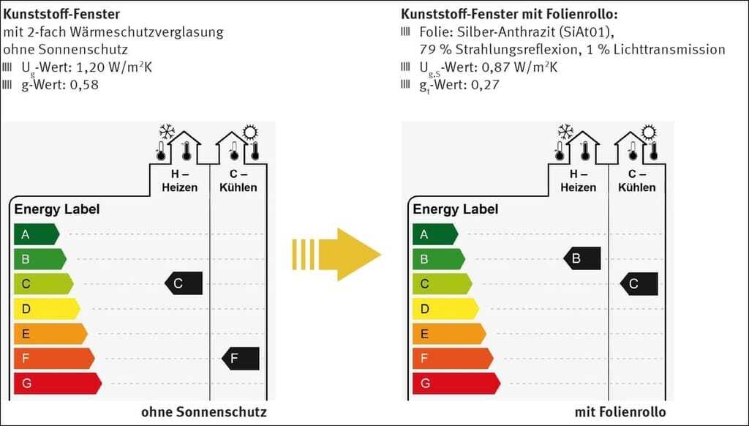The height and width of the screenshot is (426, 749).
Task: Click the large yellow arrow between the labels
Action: coord(336,255)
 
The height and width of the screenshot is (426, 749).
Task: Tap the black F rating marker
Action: coord(240,359)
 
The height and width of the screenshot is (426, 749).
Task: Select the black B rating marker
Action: coord(581,258)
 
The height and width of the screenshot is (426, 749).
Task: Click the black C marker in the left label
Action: coord(184,283)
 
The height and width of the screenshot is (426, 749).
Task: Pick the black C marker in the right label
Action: coord(639,284)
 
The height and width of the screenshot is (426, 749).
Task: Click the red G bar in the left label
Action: coord(58,384)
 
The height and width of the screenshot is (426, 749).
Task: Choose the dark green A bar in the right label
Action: coord(435,234)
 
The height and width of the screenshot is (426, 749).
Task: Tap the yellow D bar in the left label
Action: coord(47,309)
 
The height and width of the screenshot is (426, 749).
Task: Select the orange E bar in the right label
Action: coord(449,334)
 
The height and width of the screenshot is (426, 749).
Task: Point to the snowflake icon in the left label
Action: coord(167,132)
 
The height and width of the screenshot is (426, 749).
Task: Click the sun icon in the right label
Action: coord(648,132)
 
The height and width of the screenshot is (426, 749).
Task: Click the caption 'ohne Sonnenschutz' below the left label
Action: coord(204,412)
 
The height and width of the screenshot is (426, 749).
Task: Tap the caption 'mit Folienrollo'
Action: coord(620,412)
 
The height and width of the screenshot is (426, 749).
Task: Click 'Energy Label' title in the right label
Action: coord(455,209)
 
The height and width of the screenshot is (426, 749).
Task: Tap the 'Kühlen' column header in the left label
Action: coord(238,187)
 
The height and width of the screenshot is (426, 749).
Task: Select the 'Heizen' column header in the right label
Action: coord(578,187)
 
